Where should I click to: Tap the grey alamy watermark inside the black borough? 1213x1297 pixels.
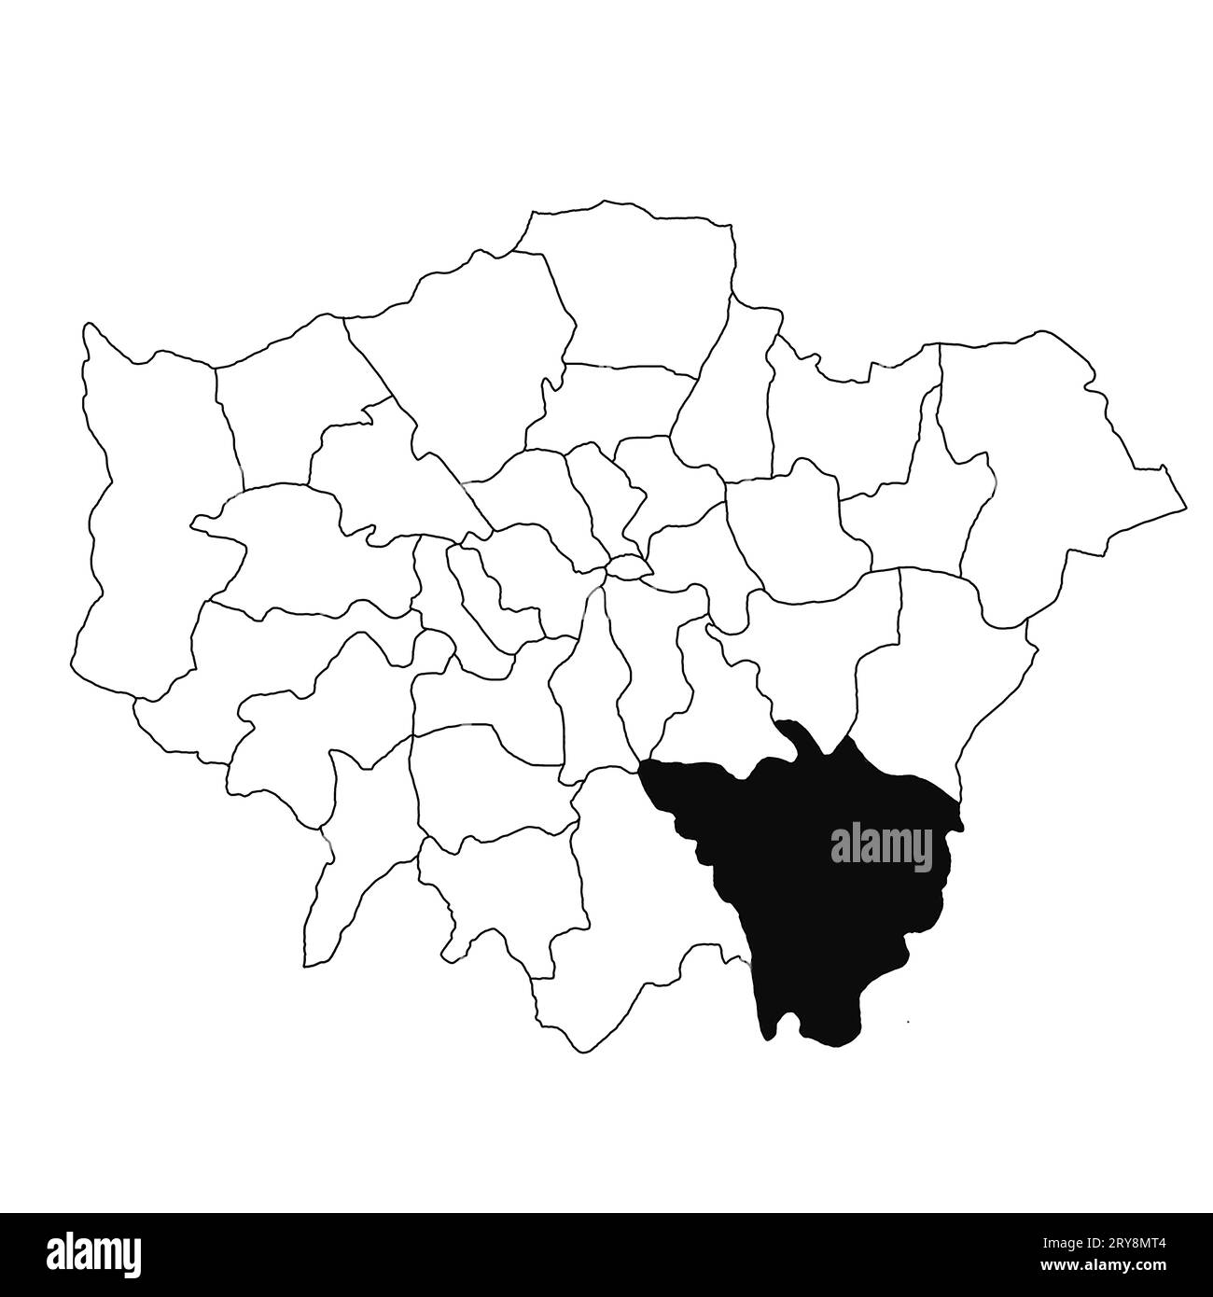pos(881,846)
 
